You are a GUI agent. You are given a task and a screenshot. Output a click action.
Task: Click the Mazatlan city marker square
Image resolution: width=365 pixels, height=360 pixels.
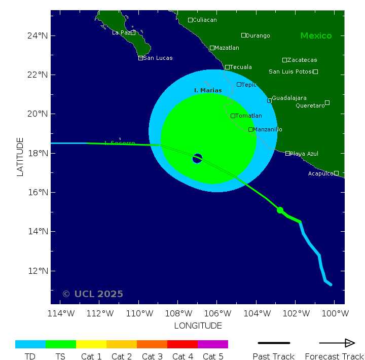tap(212, 48)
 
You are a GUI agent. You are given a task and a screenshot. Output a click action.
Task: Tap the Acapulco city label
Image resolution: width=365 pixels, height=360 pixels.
tap(321, 173)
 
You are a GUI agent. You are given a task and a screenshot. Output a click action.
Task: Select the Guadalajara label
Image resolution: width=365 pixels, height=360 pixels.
tap(289, 98)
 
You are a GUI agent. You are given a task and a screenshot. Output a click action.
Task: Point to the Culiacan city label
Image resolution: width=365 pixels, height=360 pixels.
tap(205, 20)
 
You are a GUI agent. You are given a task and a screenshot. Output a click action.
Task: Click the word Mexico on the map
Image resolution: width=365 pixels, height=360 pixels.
tap(316, 35)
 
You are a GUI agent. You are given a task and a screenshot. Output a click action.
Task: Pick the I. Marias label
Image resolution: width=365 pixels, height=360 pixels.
tap(208, 90)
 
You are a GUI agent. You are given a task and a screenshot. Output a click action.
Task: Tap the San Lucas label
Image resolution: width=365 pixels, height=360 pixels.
tap(158, 58)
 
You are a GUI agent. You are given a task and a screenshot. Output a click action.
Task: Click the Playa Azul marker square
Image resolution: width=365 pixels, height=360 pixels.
tap(288, 153)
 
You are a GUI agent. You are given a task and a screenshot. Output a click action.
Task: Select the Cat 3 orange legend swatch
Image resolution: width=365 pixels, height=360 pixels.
tap(152, 344)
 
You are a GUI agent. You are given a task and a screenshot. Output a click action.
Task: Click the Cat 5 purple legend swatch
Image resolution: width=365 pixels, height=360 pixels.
tap(213, 344)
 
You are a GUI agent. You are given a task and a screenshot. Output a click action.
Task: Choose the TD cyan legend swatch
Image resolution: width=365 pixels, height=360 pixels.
tap(30, 344)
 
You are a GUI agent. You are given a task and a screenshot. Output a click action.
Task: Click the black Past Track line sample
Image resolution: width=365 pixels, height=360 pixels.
tap(274, 343)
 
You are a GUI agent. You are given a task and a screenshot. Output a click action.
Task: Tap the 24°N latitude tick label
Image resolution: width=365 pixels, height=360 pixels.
tap(38, 35)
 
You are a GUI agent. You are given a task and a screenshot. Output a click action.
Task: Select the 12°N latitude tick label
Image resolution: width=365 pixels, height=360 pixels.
tap(38, 271)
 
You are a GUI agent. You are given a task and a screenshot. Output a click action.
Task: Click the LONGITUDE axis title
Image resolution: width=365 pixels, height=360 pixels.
tap(198, 326)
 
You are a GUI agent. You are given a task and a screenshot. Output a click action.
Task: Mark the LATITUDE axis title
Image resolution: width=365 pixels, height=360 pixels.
tap(20, 157)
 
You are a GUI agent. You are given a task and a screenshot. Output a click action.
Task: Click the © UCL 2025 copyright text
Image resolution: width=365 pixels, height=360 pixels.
tap(92, 294)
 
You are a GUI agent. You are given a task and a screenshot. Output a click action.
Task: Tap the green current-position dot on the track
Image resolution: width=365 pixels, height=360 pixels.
tap(280, 210)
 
